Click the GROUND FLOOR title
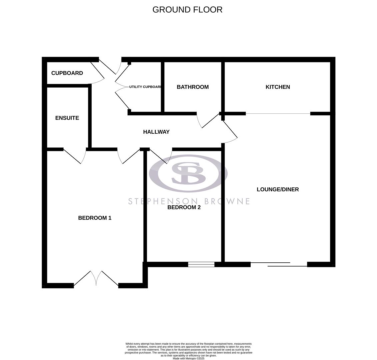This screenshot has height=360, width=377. click(x=187, y=10)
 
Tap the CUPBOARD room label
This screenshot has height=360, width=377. click(x=67, y=73)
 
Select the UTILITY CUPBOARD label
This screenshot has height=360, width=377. click(x=145, y=87)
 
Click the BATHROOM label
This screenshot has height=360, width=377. click(x=193, y=87)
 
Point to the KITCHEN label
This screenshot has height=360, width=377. click(x=278, y=87)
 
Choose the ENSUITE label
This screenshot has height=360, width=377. click(x=67, y=118)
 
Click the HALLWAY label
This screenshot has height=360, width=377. click(x=156, y=132)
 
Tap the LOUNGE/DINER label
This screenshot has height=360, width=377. click(x=278, y=189)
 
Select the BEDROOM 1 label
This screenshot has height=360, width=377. click(x=95, y=218)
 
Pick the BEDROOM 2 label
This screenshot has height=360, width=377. click(x=184, y=207)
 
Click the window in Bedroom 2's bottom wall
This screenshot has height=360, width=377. click(x=201, y=264)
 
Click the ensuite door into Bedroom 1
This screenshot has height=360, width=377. click(x=75, y=156)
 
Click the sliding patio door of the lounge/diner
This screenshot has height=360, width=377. click(x=279, y=264)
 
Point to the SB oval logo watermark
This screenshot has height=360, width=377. click(x=188, y=173)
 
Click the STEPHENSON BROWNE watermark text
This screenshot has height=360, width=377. click(x=189, y=201)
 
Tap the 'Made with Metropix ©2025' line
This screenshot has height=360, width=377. click(x=188, y=358)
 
